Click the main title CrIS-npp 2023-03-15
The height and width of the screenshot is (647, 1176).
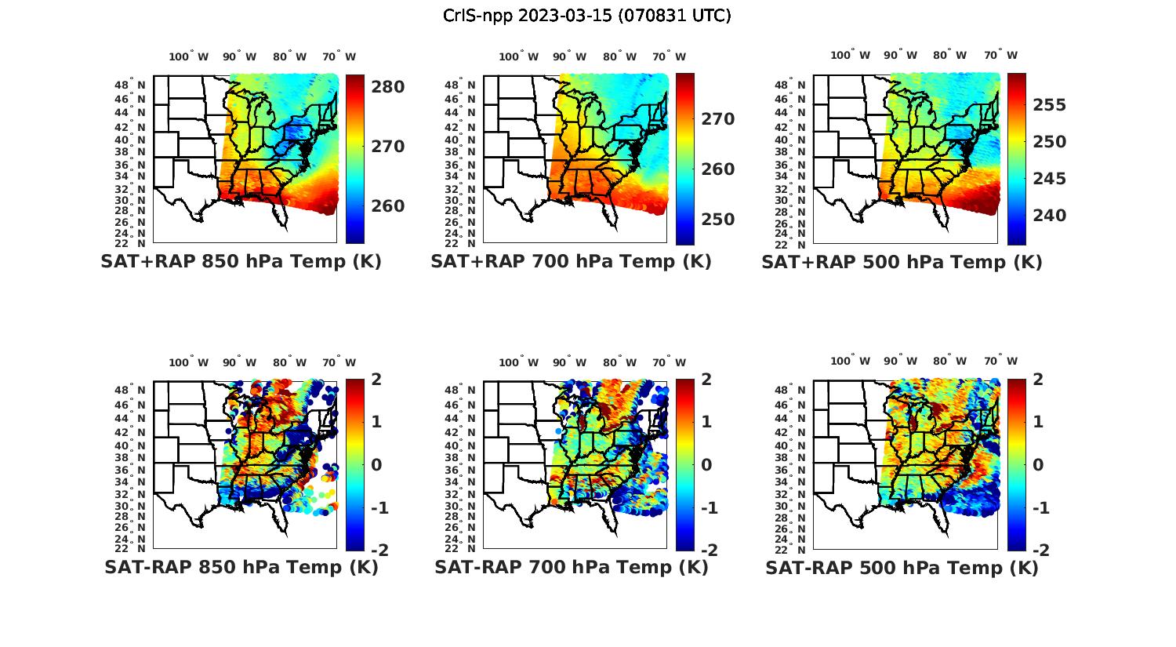(587, 15)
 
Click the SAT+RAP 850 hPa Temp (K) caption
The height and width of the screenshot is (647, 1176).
(241, 261)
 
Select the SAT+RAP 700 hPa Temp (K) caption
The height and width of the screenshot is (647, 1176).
(571, 261)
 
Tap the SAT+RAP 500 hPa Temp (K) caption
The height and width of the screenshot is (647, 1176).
(902, 262)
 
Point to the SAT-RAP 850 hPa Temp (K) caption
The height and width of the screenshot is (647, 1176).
(241, 567)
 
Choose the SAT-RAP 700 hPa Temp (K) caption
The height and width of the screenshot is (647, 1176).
(571, 567)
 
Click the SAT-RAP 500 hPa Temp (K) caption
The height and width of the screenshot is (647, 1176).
(902, 568)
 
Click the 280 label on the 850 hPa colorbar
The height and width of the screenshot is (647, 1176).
(387, 86)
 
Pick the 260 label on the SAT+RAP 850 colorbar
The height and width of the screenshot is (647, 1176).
(387, 206)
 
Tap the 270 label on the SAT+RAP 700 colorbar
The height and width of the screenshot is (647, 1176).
(717, 119)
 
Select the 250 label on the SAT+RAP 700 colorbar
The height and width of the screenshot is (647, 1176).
(717, 220)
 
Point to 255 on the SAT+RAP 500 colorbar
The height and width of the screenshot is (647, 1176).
(1048, 105)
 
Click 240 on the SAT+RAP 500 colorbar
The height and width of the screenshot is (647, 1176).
(1048, 216)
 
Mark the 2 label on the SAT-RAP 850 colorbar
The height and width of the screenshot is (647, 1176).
(376, 380)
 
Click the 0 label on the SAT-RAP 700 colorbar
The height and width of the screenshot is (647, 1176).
(706, 464)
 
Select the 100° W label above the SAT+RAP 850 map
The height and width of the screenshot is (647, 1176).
(189, 56)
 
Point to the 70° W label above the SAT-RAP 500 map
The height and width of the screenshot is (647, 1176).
(1000, 362)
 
